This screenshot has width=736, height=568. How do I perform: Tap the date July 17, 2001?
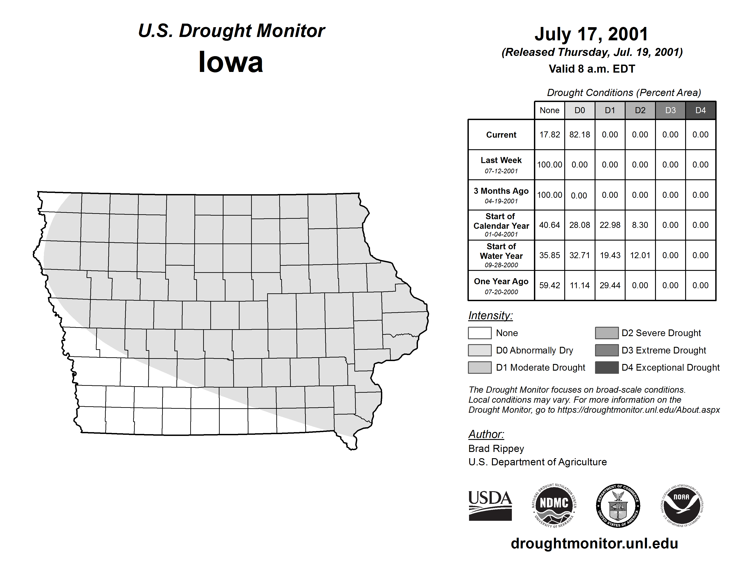(x=591, y=34)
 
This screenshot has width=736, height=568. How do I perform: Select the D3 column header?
(x=670, y=110)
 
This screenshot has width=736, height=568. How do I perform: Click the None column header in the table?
(x=549, y=110)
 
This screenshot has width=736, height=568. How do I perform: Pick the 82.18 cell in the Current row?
(x=580, y=135)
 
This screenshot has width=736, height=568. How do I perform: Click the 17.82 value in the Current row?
(x=549, y=135)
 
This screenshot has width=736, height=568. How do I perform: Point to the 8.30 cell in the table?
(x=640, y=225)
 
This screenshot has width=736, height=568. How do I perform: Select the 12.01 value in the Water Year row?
(x=640, y=255)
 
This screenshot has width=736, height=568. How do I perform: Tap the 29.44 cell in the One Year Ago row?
(x=610, y=285)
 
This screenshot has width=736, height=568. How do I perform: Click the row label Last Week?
(x=501, y=161)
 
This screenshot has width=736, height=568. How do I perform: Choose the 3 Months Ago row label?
(x=501, y=191)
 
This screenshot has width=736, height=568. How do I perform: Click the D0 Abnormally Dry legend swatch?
(x=480, y=350)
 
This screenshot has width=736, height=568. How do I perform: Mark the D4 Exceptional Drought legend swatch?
(x=607, y=368)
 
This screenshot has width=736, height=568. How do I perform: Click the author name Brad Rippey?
(x=496, y=449)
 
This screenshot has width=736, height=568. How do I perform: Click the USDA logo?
(x=490, y=505)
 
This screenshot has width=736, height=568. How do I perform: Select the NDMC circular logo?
(x=554, y=505)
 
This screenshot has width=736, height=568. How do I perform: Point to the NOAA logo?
(x=681, y=505)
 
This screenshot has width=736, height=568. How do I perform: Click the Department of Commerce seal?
(x=618, y=505)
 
